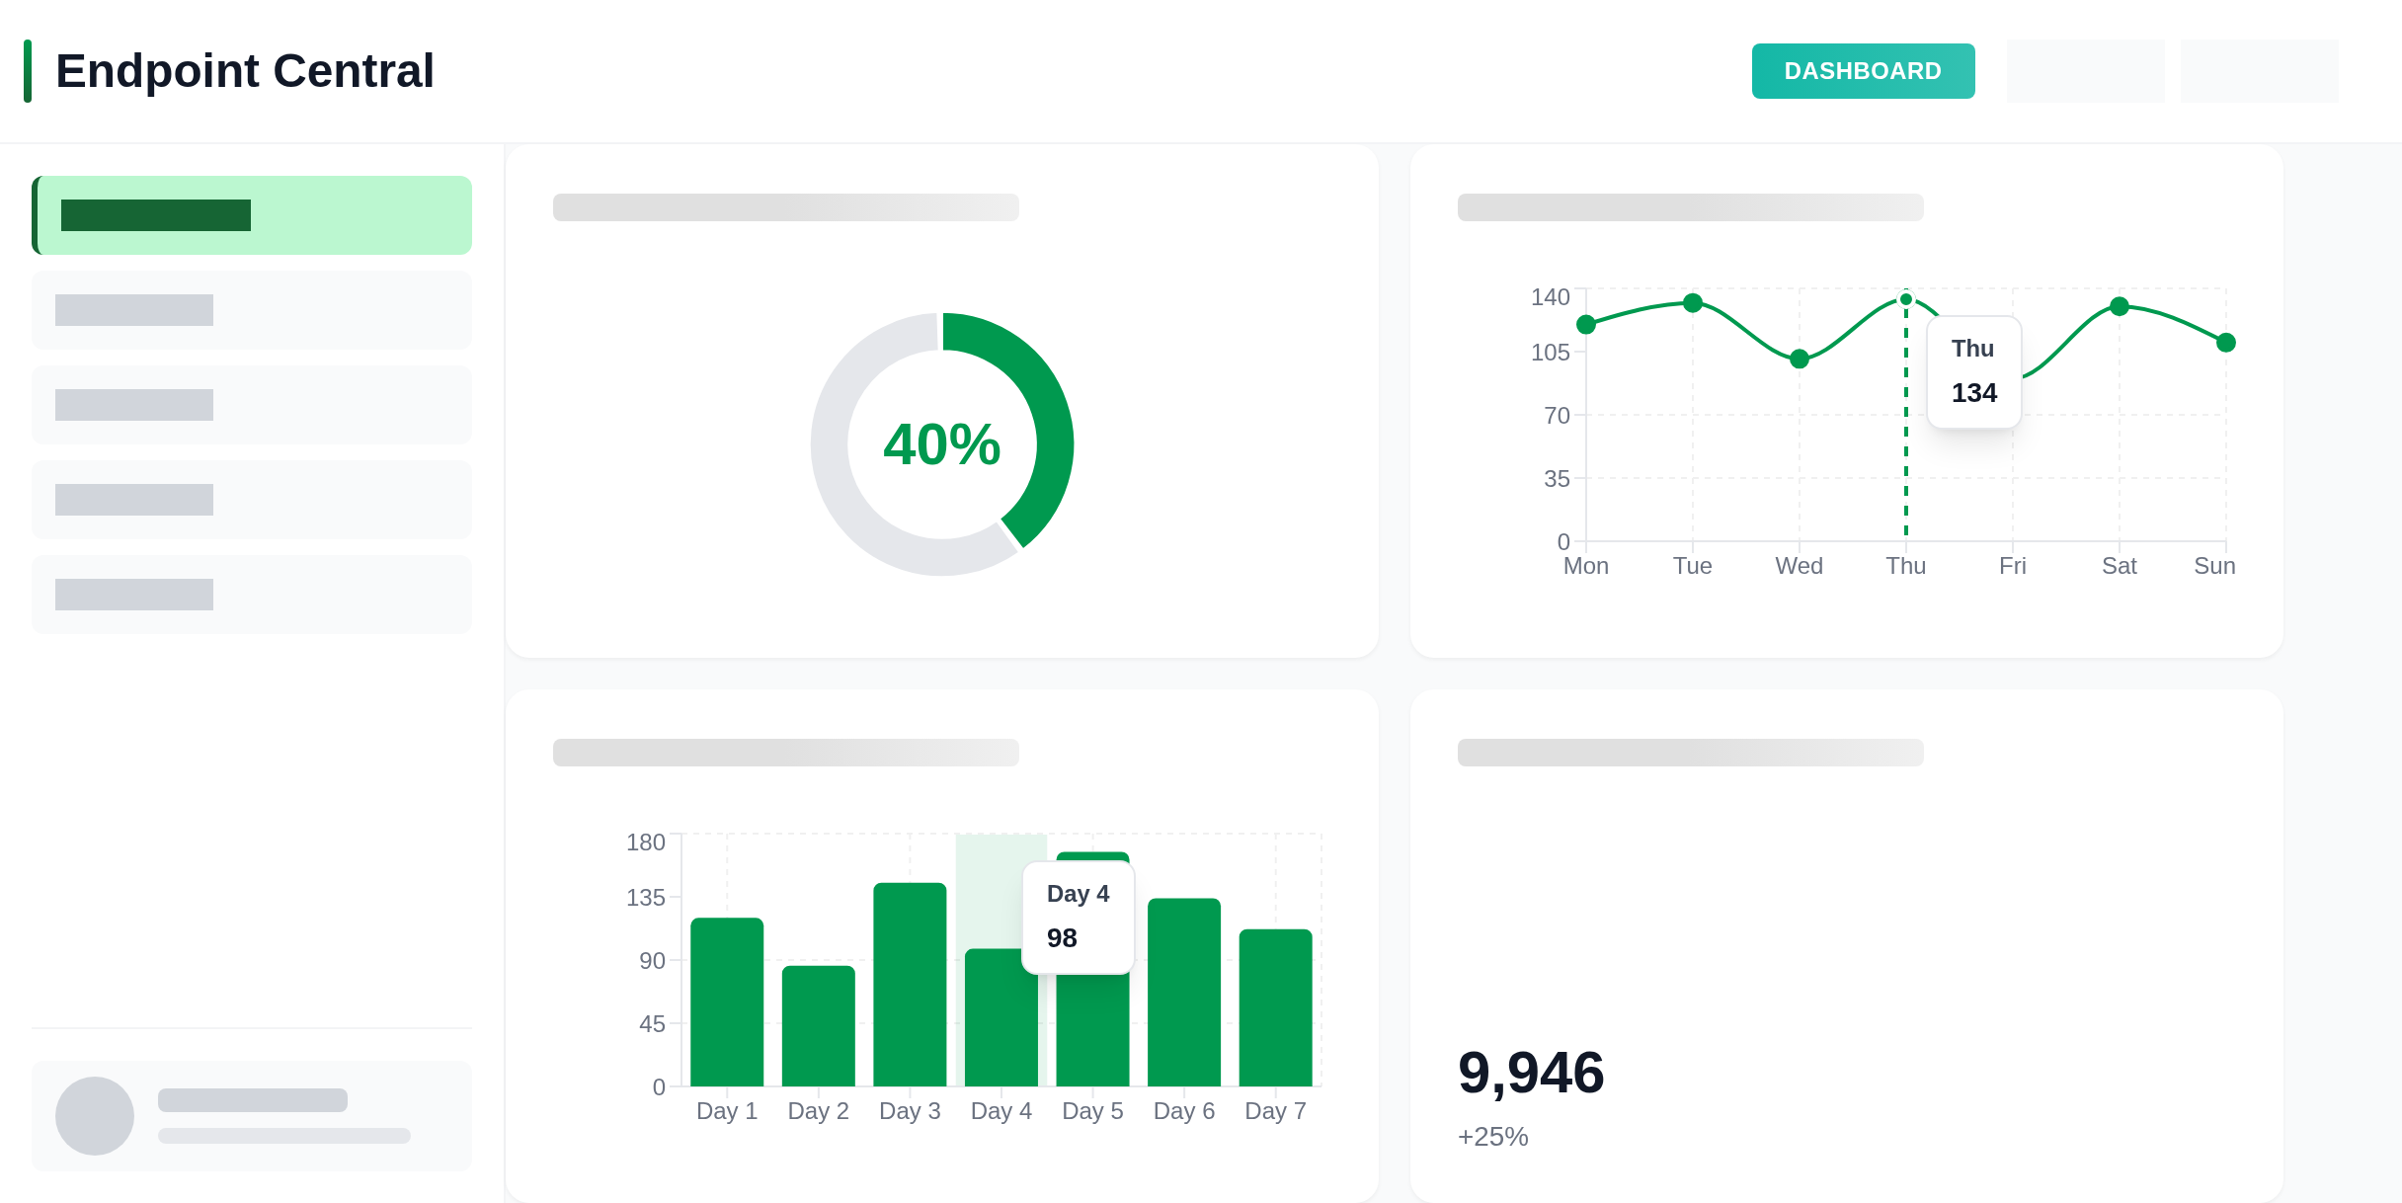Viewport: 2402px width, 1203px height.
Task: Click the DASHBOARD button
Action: tap(1863, 71)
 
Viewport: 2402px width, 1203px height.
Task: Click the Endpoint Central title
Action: tap(244, 71)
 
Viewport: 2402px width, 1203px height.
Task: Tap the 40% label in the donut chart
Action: tap(941, 444)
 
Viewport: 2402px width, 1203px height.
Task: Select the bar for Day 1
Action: tap(727, 1002)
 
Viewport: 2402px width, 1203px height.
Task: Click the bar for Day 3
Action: tap(910, 984)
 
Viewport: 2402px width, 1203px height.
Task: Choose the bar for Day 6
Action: tap(1183, 992)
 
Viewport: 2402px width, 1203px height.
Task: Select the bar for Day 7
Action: tap(1275, 1007)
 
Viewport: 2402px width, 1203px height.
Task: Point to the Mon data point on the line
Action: tap(1586, 325)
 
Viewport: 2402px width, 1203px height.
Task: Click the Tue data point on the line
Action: tap(1693, 303)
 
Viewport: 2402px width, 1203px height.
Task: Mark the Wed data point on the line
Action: tap(1800, 359)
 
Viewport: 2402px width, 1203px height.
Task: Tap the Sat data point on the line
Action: tap(2120, 306)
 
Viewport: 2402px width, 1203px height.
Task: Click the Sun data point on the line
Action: tap(2226, 343)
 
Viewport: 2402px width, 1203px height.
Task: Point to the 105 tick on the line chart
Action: tap(1550, 353)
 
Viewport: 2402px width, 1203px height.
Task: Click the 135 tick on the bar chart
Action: tap(645, 898)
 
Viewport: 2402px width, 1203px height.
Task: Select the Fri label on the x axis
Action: tap(2012, 566)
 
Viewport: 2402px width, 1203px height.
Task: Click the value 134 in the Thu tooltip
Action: tap(1973, 393)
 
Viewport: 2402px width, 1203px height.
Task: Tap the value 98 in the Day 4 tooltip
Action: tap(1062, 938)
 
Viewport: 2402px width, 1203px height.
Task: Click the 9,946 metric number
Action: tap(1531, 1073)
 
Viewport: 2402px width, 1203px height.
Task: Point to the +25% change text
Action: tap(1492, 1137)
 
